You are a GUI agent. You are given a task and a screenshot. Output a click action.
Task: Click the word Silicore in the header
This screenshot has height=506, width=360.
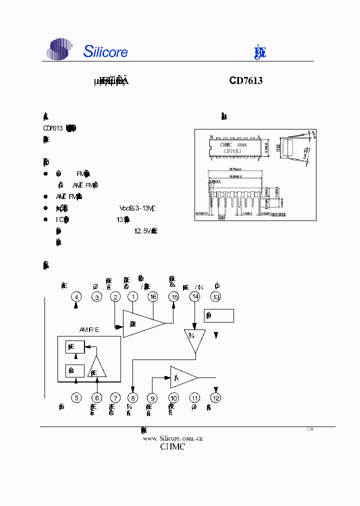pyautogui.click(x=105, y=51)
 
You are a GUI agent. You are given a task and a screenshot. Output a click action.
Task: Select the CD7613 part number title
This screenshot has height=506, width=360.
pyautogui.click(x=246, y=80)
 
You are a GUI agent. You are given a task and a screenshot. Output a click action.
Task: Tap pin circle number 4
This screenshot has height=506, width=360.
pyautogui.click(x=76, y=297)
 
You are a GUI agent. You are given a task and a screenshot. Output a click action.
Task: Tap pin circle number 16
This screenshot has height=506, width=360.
pyautogui.click(x=153, y=297)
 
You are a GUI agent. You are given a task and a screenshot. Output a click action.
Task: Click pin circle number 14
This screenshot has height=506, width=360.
pyautogui.click(x=195, y=297)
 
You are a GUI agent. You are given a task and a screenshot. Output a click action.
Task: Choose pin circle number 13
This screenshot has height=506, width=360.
pyautogui.click(x=216, y=297)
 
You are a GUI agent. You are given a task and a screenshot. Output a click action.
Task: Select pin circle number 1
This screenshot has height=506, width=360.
pyautogui.click(x=133, y=297)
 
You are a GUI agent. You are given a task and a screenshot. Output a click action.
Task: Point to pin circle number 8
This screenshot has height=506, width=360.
pyautogui.click(x=133, y=398)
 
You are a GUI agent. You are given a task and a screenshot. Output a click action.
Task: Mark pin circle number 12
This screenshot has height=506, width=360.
pyautogui.click(x=216, y=398)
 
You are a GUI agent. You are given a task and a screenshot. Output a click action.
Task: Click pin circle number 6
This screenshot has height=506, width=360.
pyautogui.click(x=97, y=398)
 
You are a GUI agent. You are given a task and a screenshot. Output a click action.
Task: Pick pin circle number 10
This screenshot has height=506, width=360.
pyautogui.click(x=173, y=398)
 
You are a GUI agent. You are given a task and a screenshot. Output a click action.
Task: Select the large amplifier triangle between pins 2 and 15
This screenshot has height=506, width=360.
pyautogui.click(x=143, y=324)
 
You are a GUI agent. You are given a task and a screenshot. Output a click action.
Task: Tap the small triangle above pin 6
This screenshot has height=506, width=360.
pyautogui.click(x=97, y=368)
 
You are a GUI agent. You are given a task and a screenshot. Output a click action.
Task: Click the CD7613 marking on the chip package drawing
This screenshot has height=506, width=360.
pyautogui.click(x=232, y=151)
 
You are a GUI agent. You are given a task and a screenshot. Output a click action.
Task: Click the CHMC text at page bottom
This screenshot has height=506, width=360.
pyautogui.click(x=172, y=446)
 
